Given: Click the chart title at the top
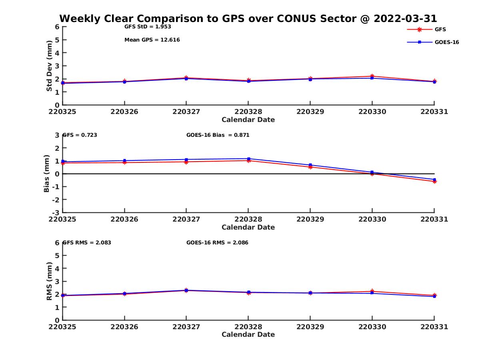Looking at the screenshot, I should coord(248,18).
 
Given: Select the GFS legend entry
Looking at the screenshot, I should coord(440,29).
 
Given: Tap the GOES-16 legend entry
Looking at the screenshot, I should coord(446,42).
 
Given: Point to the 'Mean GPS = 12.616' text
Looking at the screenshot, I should coord(152,40).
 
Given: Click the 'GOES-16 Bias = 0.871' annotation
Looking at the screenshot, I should coord(218,135).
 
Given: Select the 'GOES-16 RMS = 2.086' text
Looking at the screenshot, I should coord(217,242).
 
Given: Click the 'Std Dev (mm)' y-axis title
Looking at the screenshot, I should coord(49,66).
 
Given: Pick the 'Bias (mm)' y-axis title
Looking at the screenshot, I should coord(47,174).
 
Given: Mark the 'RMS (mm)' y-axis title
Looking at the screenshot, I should coord(49,281).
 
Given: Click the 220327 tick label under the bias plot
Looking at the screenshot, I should coord(186,219).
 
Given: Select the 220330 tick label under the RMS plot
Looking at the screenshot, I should coord(372,327).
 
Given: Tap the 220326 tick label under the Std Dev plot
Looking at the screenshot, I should coord(124,112).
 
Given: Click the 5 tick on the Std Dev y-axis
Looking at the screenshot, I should coord(57,40).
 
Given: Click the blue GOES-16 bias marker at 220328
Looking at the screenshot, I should coord(248,159).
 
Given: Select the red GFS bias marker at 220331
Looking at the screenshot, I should coord(434,182).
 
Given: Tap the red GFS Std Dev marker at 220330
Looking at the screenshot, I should coord(372,76).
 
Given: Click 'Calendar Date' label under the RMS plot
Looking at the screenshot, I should coord(248,334).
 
